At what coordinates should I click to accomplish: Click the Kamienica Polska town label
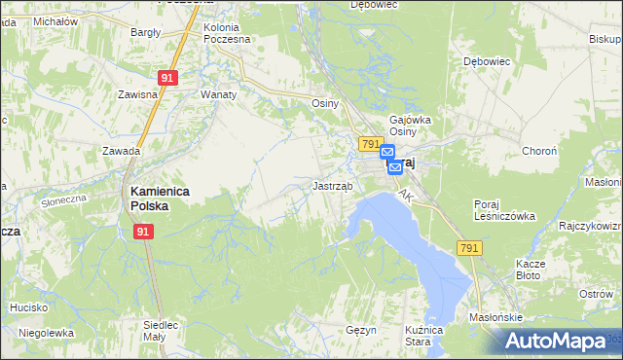coord(150,198)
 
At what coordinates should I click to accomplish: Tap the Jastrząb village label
coord(332,184)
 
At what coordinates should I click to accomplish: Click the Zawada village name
coord(122,151)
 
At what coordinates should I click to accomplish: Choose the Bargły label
coord(145,32)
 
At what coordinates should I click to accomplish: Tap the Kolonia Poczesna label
coord(227,33)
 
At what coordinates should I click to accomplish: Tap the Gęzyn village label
coord(360,330)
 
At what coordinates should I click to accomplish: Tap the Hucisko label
coord(29,307)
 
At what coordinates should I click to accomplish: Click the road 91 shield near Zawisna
coord(167,78)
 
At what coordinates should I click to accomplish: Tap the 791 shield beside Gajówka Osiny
coord(369,144)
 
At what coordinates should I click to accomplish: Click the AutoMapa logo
coord(555,341)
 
